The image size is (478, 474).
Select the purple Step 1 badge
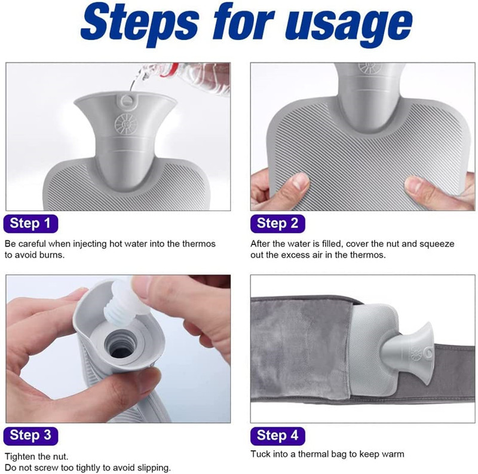30,224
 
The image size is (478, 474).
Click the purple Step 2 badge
277,224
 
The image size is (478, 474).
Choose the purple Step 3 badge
30,436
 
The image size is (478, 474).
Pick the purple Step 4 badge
277,436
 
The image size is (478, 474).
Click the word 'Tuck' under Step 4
260,454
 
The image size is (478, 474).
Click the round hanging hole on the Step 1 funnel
126,101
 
